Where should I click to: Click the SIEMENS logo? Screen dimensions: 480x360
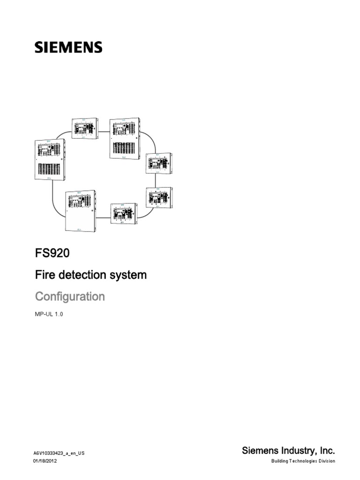coord(68,47)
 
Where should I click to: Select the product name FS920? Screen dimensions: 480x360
coord(52,254)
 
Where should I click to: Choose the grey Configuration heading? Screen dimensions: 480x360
coord(70,297)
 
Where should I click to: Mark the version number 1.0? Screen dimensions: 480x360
coord(59,315)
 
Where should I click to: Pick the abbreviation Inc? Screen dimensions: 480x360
coord(326,451)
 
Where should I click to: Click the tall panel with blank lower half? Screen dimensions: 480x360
coord(83,211)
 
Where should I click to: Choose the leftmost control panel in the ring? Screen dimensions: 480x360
coord(51,159)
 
